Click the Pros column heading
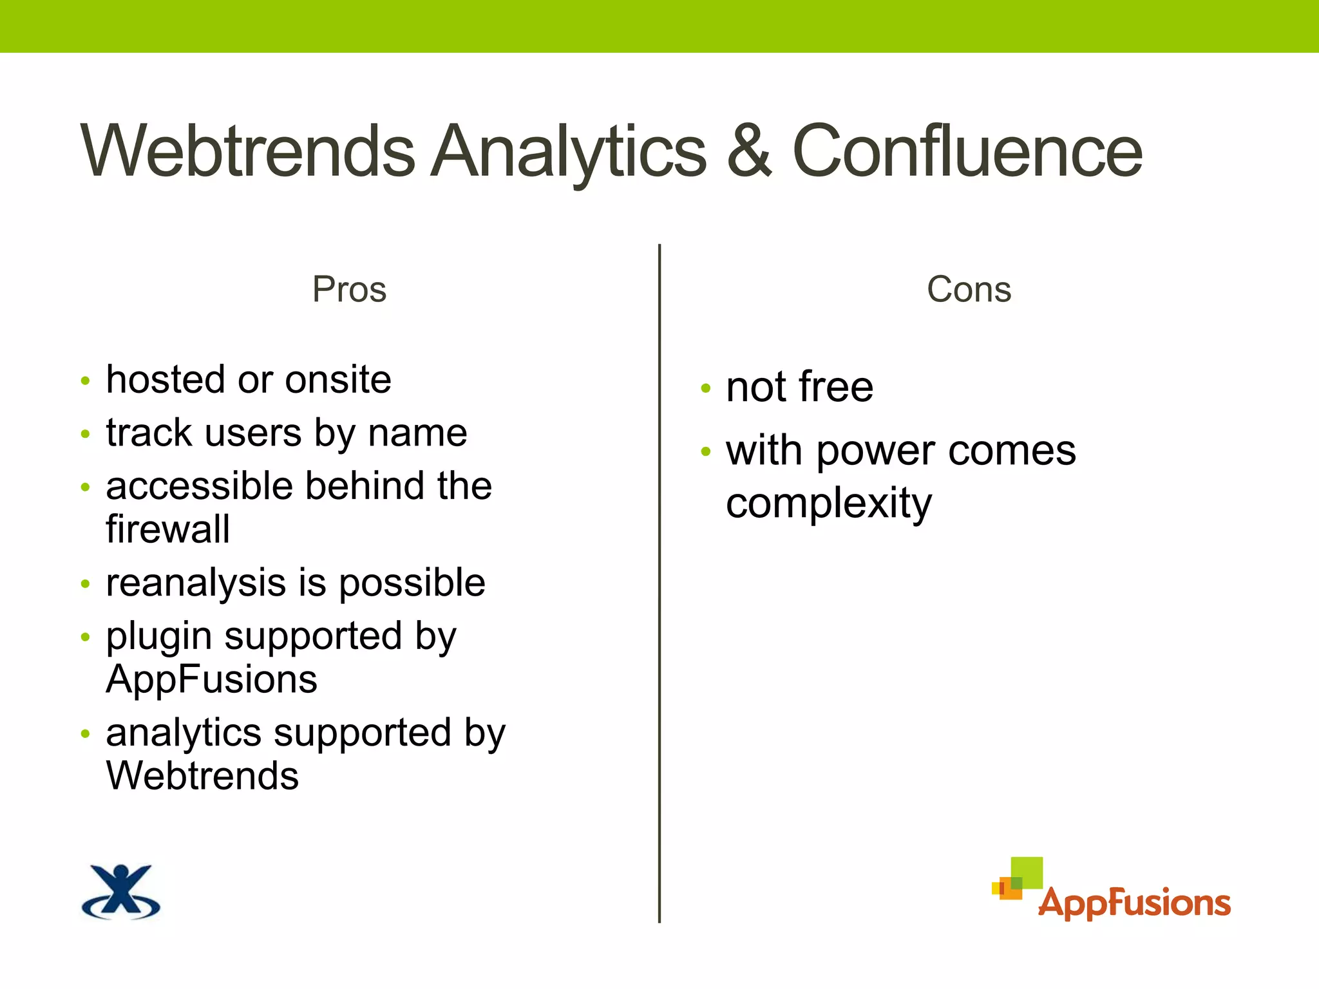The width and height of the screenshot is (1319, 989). click(349, 289)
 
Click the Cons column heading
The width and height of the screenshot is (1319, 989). click(969, 289)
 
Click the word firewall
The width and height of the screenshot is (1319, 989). click(167, 529)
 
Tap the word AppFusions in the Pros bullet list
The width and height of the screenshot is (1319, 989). click(211, 679)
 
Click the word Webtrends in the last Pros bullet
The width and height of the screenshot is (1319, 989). click(202, 776)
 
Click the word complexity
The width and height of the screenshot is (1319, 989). click(828, 504)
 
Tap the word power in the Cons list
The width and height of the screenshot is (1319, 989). click(876, 451)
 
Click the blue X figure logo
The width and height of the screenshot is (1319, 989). click(121, 892)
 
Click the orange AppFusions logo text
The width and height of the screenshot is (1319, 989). click(1134, 903)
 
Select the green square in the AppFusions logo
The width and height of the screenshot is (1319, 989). click(1027, 871)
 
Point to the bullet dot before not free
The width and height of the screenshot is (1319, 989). click(706, 388)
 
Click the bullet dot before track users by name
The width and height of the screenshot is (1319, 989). click(86, 434)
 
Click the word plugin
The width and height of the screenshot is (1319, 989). click(158, 637)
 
